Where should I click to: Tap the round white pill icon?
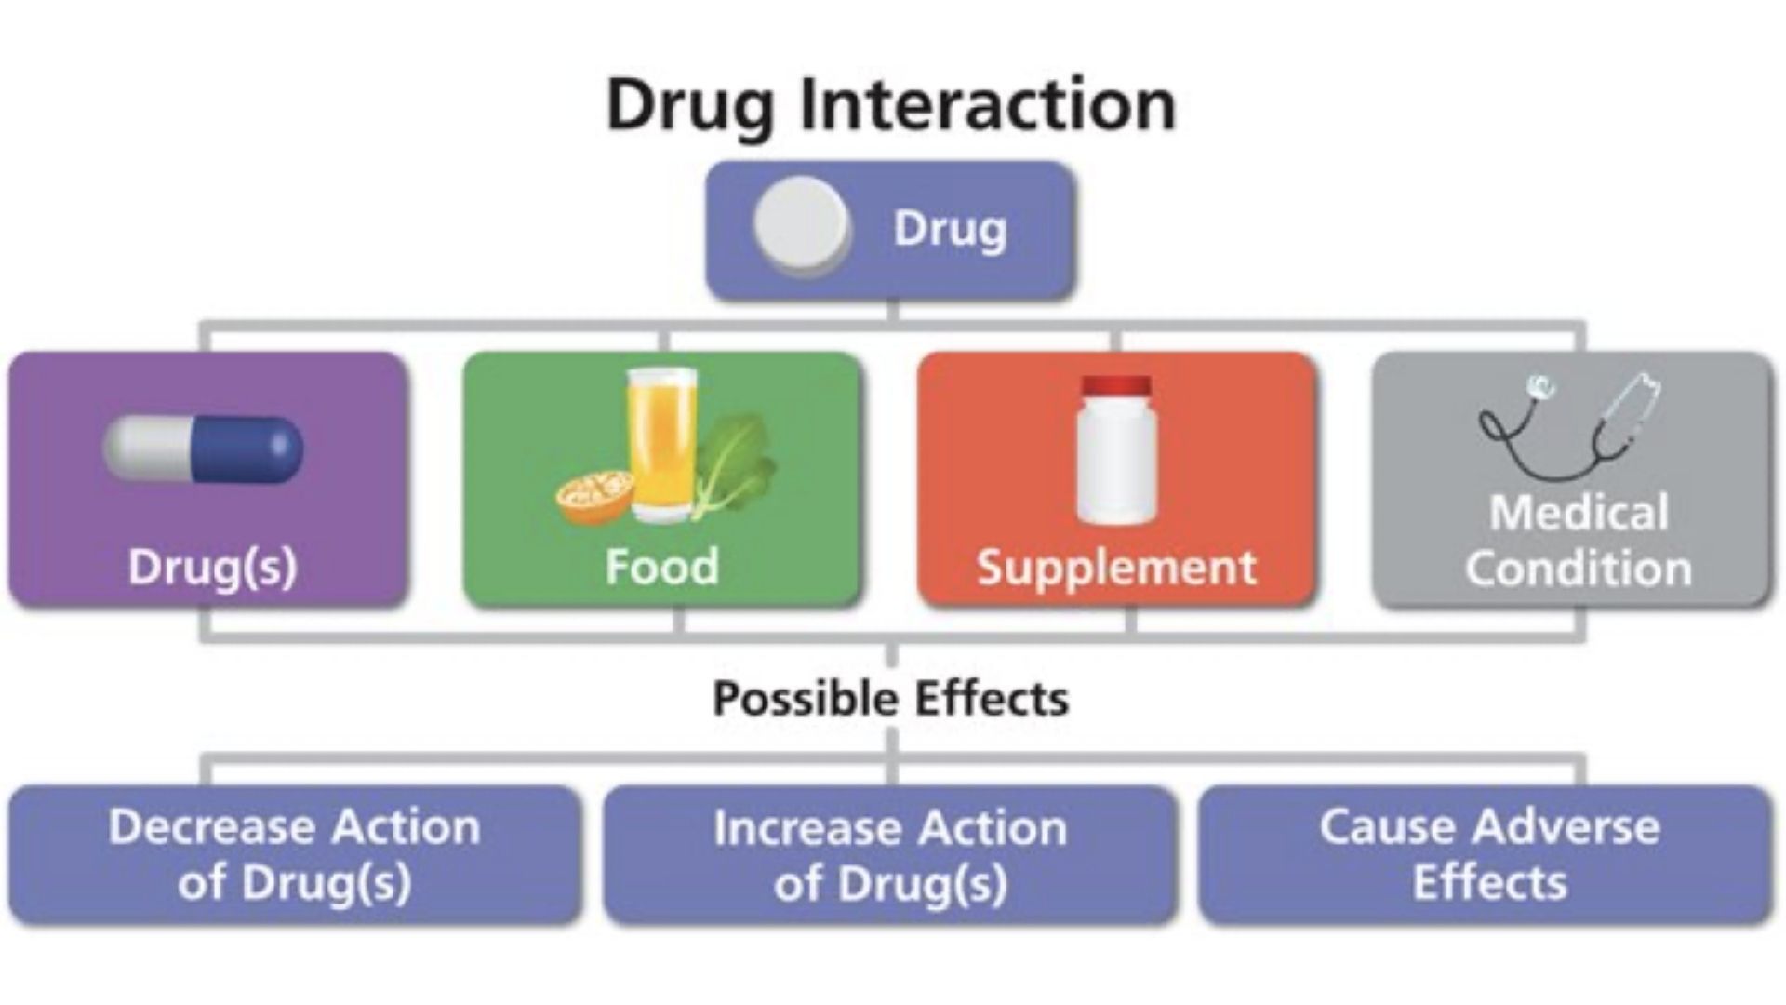click(x=802, y=226)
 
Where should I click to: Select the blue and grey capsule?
click(x=203, y=449)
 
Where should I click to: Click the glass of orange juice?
click(x=661, y=444)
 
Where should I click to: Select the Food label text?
click(x=662, y=566)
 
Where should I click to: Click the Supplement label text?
click(x=1117, y=568)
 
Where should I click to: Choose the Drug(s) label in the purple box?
click(x=212, y=567)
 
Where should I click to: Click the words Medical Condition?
click(x=1579, y=541)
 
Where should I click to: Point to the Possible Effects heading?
click(x=891, y=699)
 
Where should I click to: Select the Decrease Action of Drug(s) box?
click(x=296, y=855)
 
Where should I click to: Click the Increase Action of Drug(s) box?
click(x=890, y=855)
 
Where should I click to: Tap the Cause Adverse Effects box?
click(x=1486, y=855)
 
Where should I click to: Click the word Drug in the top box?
click(x=950, y=229)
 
